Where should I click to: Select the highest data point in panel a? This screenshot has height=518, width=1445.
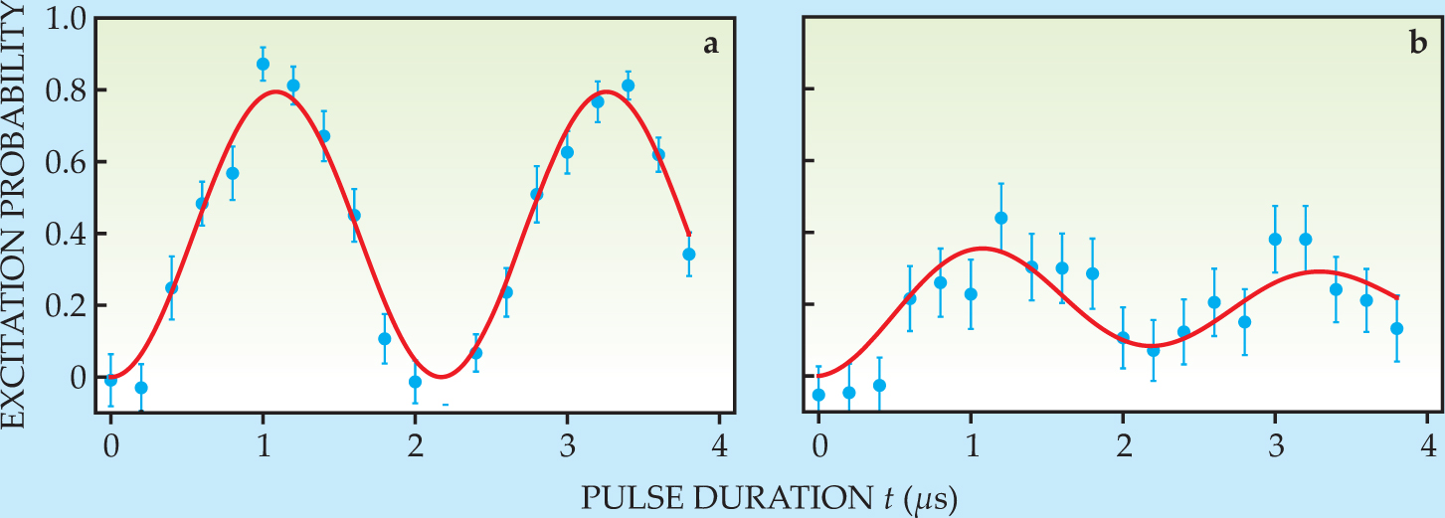pos(263,64)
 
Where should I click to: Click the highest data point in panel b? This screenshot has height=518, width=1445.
pos(1001,218)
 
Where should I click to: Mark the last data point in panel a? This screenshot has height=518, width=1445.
pos(689,254)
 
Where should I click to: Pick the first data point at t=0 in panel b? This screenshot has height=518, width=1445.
pos(818,395)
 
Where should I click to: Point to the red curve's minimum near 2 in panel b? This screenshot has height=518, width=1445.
pos(1157,345)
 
